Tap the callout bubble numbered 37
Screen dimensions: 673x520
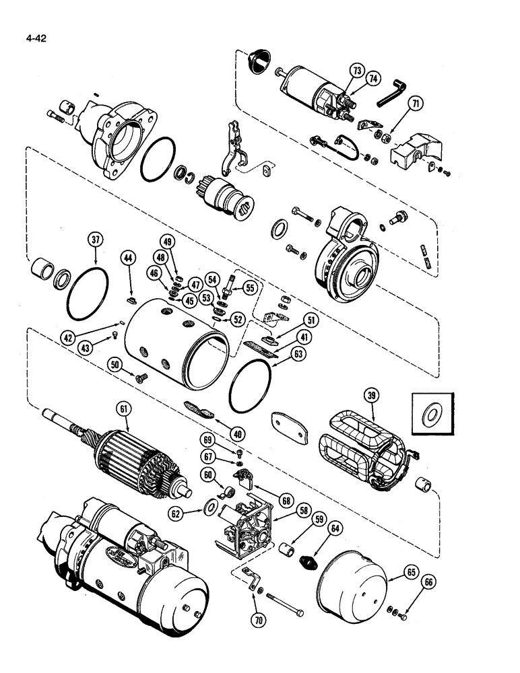(x=96, y=240)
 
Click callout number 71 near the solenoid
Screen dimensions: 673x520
(x=416, y=103)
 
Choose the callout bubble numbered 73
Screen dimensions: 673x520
(x=356, y=71)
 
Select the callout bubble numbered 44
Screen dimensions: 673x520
(x=128, y=256)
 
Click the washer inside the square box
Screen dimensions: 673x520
(x=428, y=416)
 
